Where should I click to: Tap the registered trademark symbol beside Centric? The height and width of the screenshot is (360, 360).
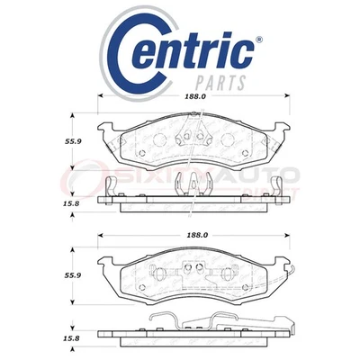coord(262,39)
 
